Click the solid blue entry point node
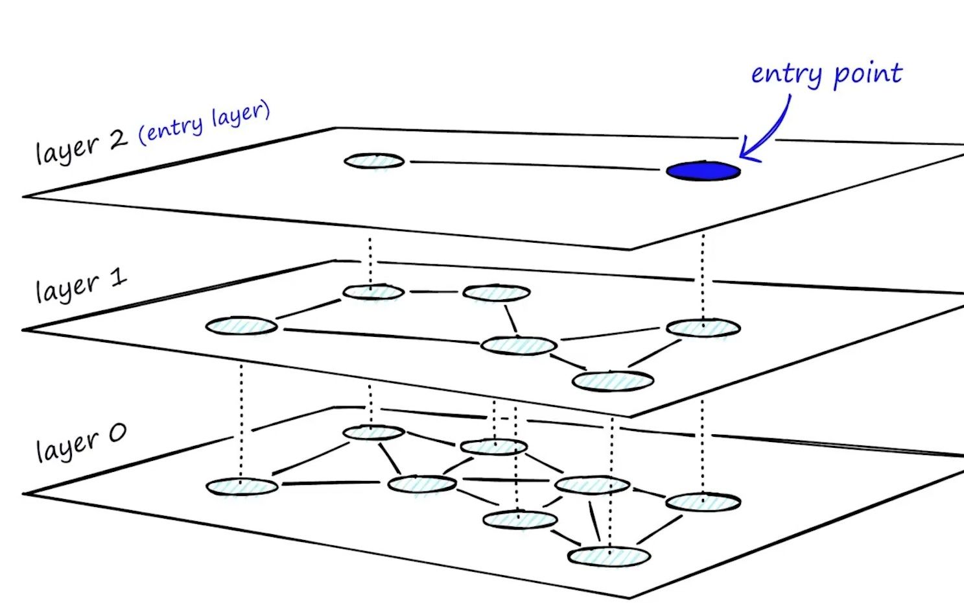[x=703, y=171]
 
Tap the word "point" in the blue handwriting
[x=867, y=74]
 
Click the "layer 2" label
[x=80, y=147]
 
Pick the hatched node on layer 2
[x=374, y=161]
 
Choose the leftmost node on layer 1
[x=241, y=325]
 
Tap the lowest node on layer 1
[x=613, y=381]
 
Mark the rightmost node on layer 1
[x=703, y=328]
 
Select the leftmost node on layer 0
[x=242, y=486]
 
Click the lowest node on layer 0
[x=609, y=556]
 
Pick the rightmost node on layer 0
[x=703, y=502]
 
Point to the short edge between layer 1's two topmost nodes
[x=433, y=292]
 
